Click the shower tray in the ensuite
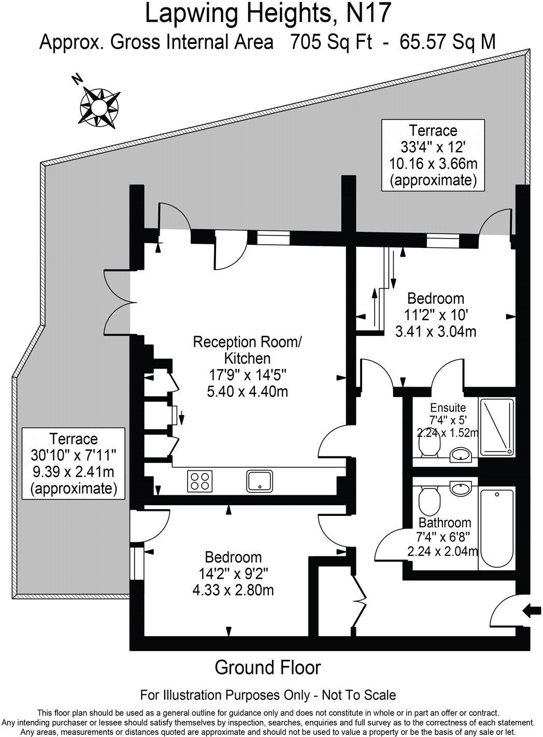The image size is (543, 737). (x=497, y=427)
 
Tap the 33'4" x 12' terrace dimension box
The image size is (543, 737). (x=433, y=155)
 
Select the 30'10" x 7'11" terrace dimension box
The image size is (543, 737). (x=74, y=463)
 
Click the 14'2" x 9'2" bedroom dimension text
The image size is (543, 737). (x=233, y=573)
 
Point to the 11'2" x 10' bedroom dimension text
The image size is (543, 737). (x=435, y=315)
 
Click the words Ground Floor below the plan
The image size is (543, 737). (x=268, y=668)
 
